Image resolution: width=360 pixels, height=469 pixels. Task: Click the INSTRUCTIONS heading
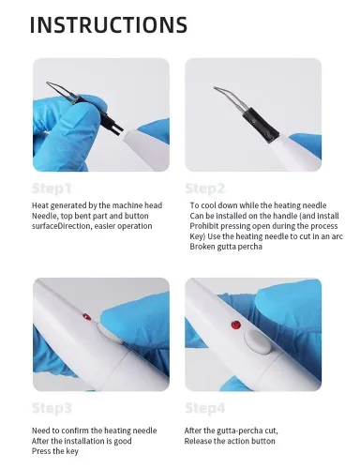click(x=109, y=24)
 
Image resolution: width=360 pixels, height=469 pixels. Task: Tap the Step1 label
click(x=52, y=189)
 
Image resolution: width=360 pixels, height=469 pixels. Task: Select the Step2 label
click(x=205, y=189)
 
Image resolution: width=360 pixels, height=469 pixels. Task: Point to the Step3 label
click(x=52, y=408)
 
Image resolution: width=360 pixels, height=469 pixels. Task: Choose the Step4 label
click(x=205, y=408)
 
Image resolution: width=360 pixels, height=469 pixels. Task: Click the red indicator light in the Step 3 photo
click(x=86, y=317)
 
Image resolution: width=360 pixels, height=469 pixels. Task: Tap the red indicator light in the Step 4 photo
click(x=236, y=325)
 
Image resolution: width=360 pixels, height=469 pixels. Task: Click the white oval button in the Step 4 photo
click(x=258, y=342)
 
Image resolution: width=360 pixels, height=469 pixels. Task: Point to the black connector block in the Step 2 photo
click(x=261, y=125)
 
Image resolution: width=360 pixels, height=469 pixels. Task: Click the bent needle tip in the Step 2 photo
click(x=215, y=88)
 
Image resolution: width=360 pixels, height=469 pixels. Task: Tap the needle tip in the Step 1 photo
click(x=48, y=83)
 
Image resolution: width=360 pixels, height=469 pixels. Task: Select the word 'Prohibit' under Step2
click(x=203, y=226)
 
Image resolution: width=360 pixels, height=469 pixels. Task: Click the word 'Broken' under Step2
click(x=202, y=247)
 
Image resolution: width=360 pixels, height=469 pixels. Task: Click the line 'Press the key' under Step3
click(x=55, y=451)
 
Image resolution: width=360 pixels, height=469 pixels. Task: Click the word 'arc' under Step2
click(x=337, y=236)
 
